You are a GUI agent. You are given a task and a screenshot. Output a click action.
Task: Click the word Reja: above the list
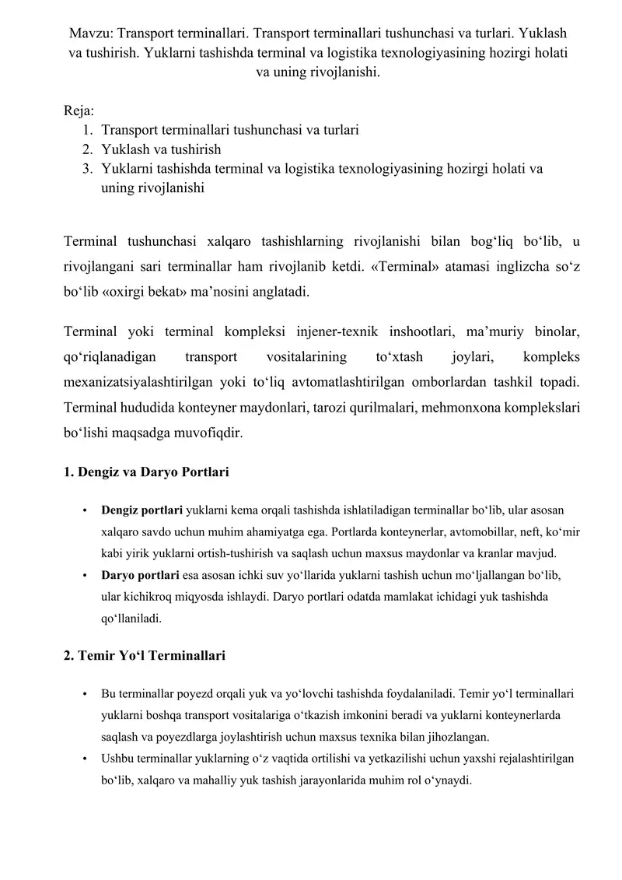(x=79, y=111)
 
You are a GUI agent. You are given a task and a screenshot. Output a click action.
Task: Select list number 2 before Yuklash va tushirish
(x=88, y=149)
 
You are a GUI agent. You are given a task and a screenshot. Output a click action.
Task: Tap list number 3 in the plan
(x=88, y=168)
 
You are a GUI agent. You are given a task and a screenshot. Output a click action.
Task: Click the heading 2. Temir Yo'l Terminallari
(x=145, y=655)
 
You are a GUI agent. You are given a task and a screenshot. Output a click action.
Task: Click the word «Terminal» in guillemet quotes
(x=420, y=266)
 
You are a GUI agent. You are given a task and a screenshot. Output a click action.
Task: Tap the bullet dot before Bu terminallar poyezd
(x=84, y=693)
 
